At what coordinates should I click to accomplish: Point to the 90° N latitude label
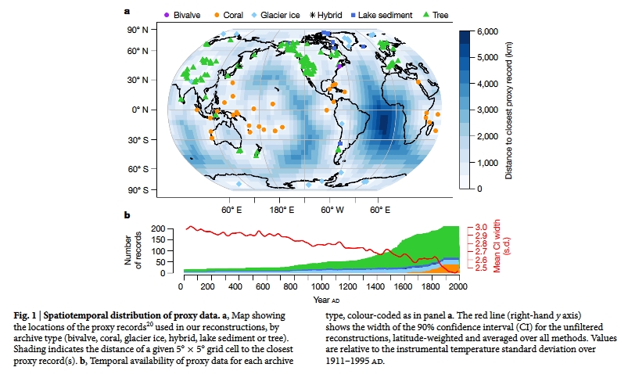[x=139, y=30]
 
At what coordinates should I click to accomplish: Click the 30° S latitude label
[x=138, y=140]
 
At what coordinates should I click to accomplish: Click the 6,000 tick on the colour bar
[x=487, y=31]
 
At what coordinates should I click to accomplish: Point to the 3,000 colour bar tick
[x=487, y=110]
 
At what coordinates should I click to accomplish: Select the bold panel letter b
[x=127, y=215]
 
